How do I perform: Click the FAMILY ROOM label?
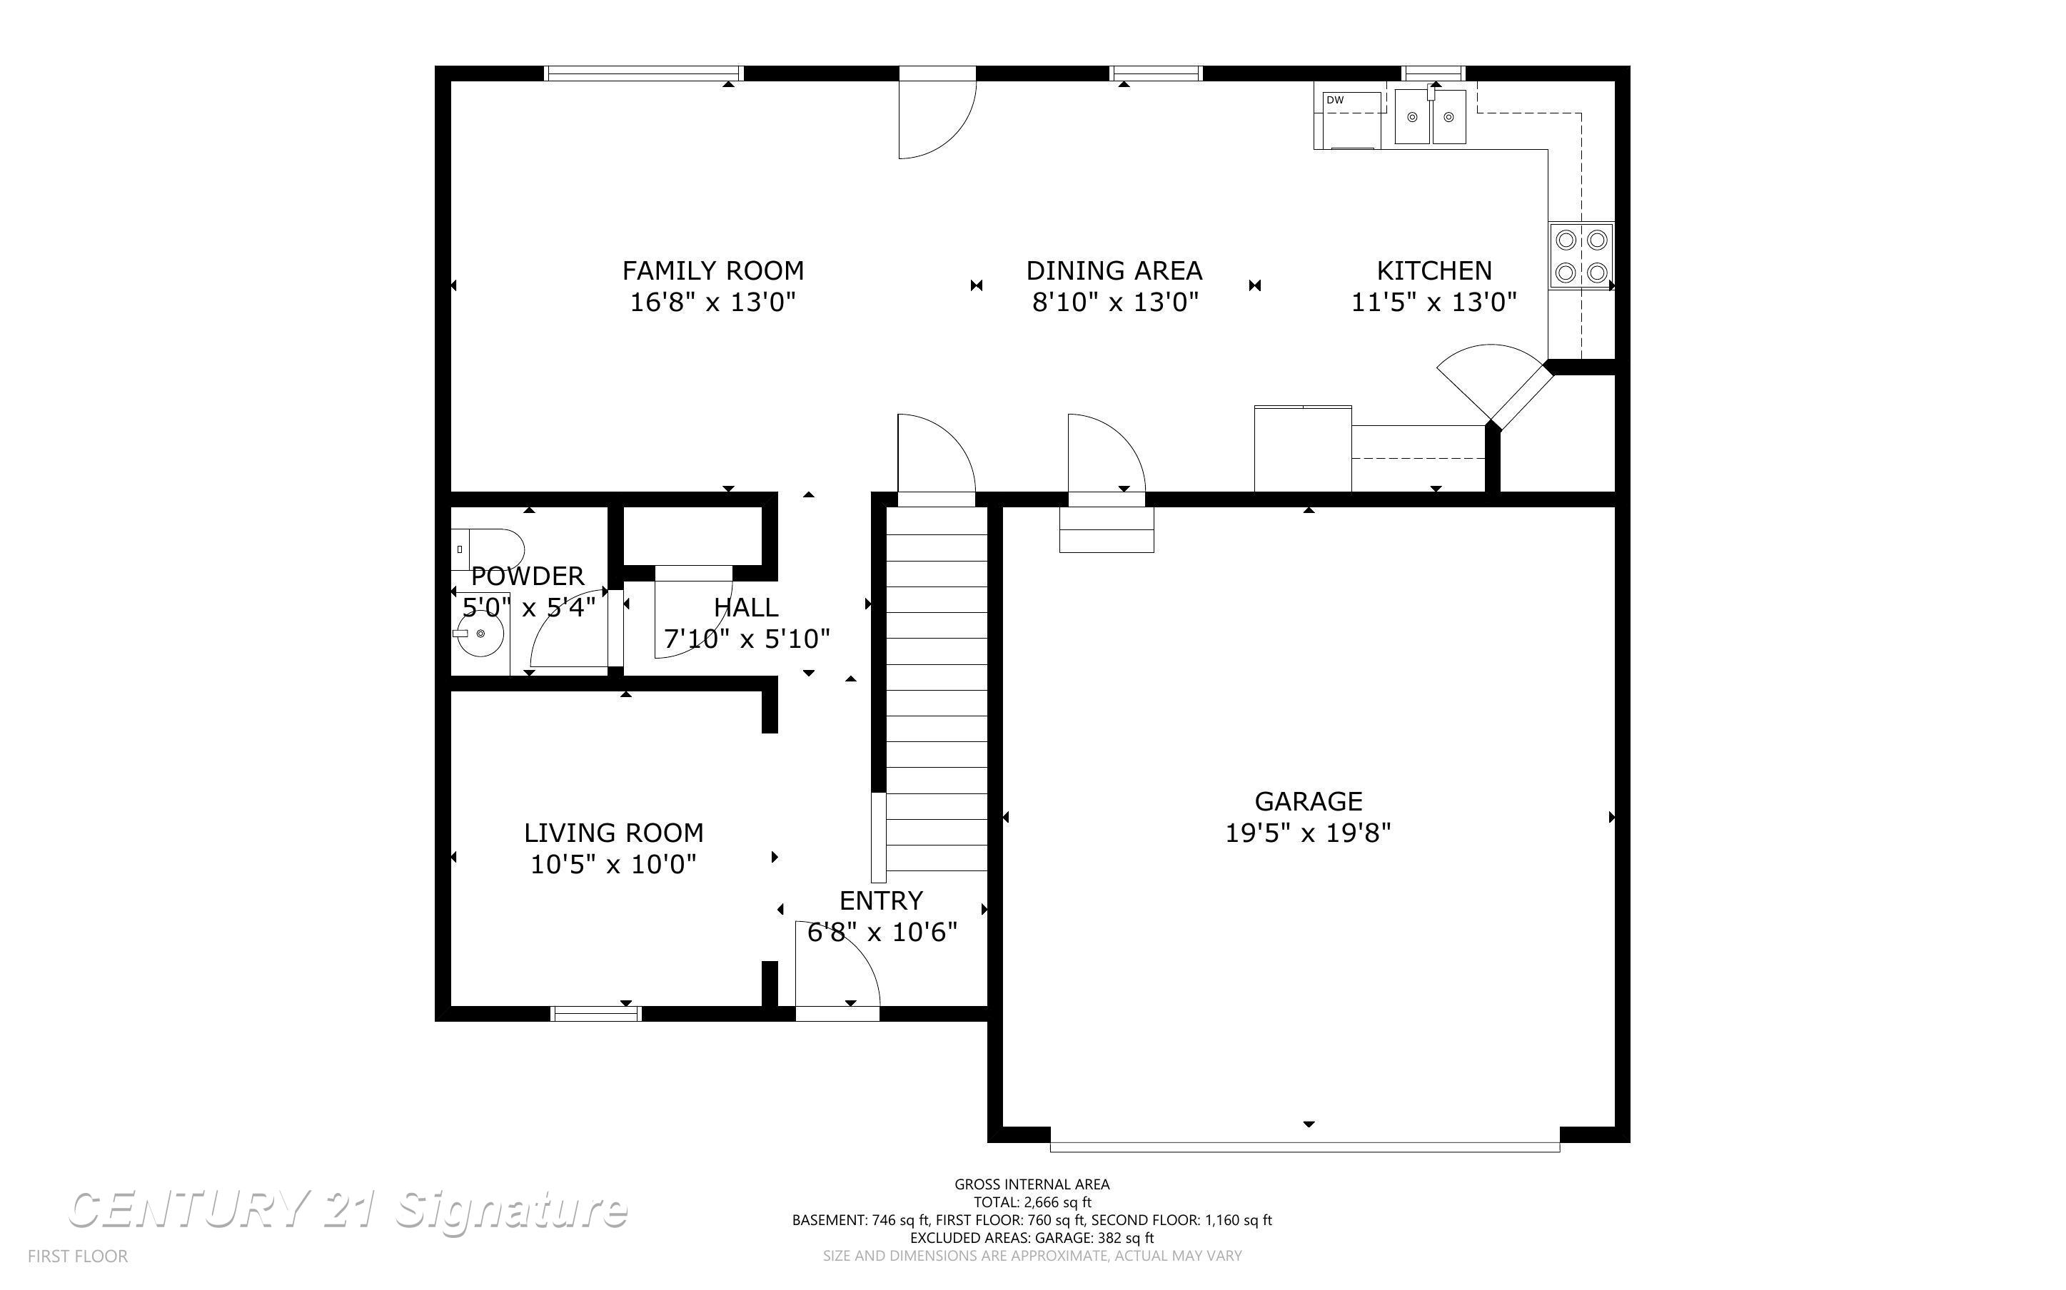coord(712,270)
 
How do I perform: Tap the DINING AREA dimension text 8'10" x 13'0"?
coord(1114,302)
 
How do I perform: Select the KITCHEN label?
coord(1433,270)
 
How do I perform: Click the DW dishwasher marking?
coord(1336,101)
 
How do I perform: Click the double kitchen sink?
coord(1430,118)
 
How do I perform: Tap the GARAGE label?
coord(1307,801)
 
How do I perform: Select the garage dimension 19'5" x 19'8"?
coord(1307,833)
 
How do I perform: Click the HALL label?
coord(746,607)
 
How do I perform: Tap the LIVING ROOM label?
coord(613,833)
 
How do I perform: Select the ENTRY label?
coord(881,901)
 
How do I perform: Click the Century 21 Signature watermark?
coord(348,1210)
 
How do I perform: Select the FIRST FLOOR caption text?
coord(78,1256)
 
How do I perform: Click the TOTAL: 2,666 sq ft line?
coord(1032,1202)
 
